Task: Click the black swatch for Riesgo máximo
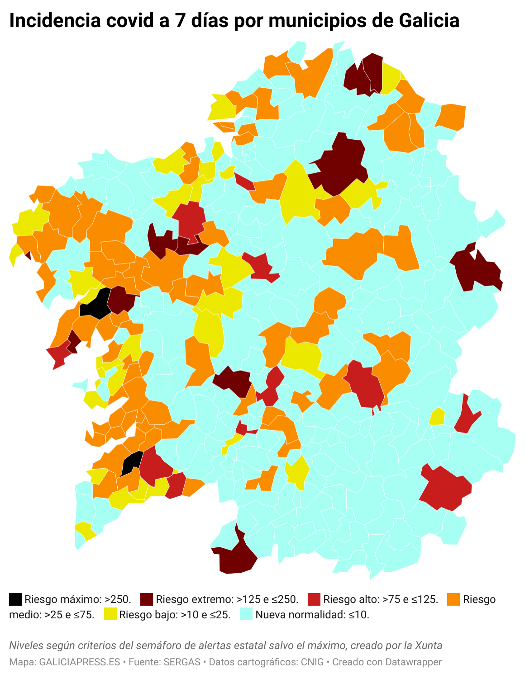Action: (x=15, y=599)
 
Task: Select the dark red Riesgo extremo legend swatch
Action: (x=147, y=599)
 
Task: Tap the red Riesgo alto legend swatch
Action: (x=314, y=599)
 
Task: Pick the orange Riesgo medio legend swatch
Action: (x=454, y=599)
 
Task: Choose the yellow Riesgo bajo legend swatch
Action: (x=110, y=614)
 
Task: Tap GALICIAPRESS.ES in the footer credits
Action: (x=80, y=662)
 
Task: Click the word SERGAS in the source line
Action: (x=182, y=662)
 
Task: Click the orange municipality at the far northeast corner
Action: (x=452, y=116)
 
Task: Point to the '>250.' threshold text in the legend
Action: (x=118, y=599)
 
